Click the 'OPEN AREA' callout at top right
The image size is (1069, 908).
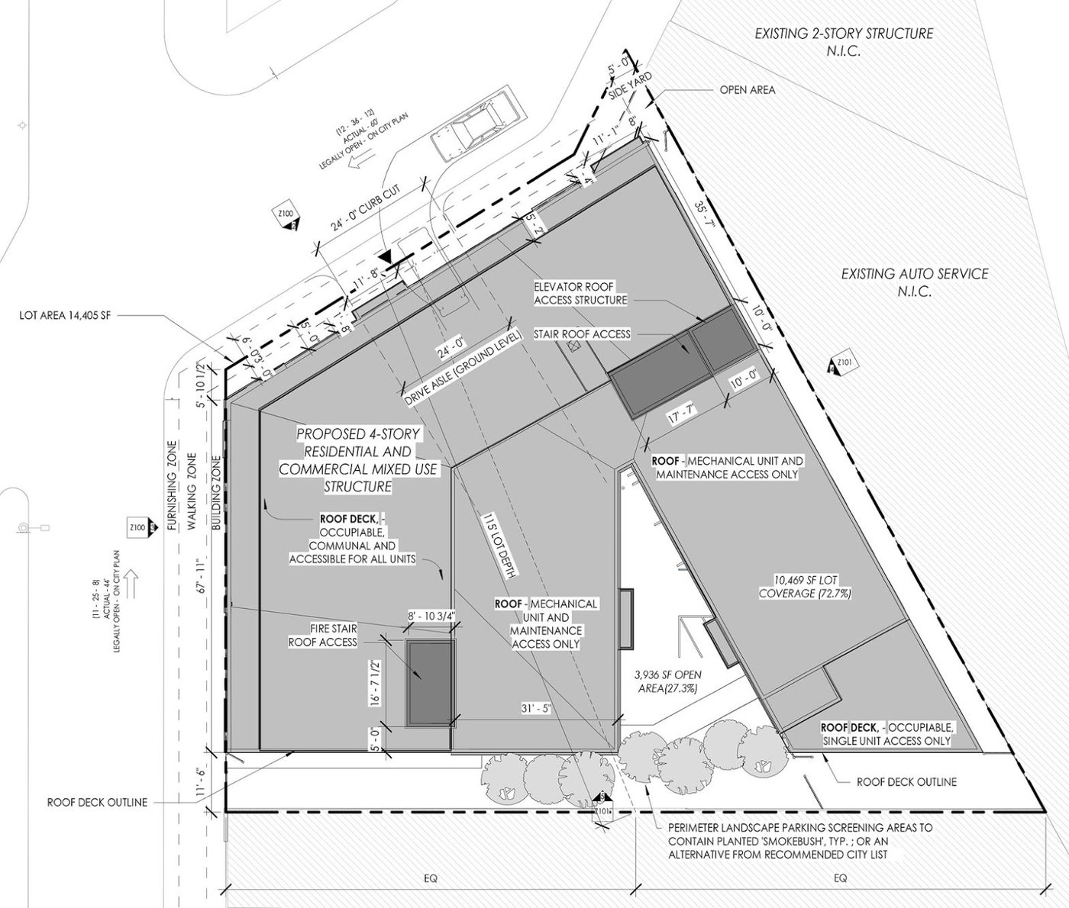[x=747, y=90]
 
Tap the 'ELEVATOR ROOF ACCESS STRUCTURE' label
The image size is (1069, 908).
[x=580, y=294]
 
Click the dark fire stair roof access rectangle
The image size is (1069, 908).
[x=430, y=684]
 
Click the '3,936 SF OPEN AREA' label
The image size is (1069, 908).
[x=667, y=681]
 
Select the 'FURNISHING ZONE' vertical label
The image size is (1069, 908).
[x=173, y=486]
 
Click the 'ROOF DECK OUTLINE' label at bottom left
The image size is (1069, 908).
[x=96, y=802]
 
